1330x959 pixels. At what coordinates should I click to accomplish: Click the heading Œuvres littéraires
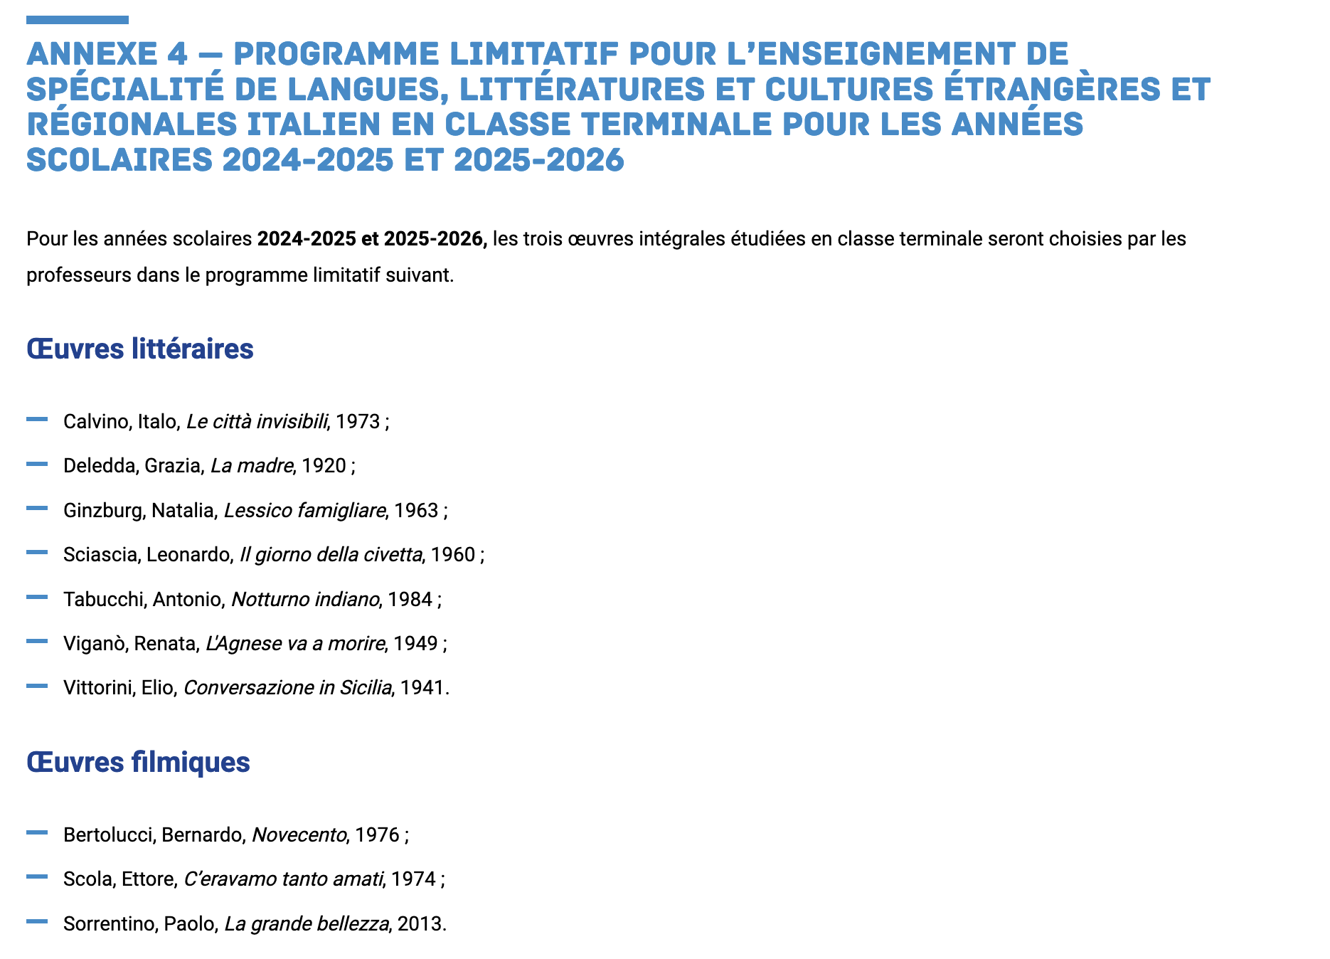pyautogui.click(x=140, y=349)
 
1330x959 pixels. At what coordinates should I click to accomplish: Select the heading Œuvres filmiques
pyautogui.click(x=138, y=762)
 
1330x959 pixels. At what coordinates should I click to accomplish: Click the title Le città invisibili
pyautogui.click(x=257, y=422)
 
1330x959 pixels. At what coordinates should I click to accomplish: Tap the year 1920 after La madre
pyautogui.click(x=324, y=466)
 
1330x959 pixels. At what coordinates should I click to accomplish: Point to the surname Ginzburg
pyautogui.click(x=103, y=511)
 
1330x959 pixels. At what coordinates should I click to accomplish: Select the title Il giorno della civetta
pyautogui.click(x=331, y=555)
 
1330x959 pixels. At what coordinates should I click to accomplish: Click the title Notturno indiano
pyautogui.click(x=305, y=600)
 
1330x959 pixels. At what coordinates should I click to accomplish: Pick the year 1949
pyautogui.click(x=415, y=644)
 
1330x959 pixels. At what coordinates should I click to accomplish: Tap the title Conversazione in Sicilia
pyautogui.click(x=287, y=688)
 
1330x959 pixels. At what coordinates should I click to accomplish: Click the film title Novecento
pyautogui.click(x=299, y=835)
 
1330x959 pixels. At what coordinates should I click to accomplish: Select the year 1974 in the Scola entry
pyautogui.click(x=413, y=879)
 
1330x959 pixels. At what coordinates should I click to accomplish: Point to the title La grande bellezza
pyautogui.click(x=307, y=924)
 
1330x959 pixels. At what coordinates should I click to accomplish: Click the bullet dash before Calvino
pyautogui.click(x=37, y=420)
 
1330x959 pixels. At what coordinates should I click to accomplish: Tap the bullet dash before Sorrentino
pyautogui.click(x=37, y=921)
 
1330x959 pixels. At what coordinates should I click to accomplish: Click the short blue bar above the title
pyautogui.click(x=78, y=20)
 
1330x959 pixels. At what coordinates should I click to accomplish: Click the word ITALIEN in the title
pyautogui.click(x=339, y=124)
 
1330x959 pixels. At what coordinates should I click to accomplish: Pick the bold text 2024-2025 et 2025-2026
pyautogui.click(x=372, y=239)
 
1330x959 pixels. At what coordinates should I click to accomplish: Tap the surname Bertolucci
pyautogui.click(x=107, y=835)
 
